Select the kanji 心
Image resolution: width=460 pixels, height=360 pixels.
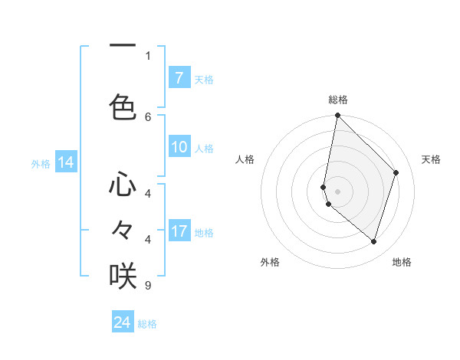tap(123, 185)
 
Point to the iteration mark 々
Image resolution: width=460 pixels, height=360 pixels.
tap(123, 229)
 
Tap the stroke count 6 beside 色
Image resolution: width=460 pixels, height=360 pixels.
tap(148, 117)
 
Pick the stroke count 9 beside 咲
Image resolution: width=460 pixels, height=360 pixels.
tap(148, 286)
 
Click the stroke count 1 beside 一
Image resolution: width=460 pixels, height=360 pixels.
tap(148, 55)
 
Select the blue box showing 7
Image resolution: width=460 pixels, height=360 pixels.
tap(179, 78)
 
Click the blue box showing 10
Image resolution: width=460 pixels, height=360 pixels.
tap(179, 147)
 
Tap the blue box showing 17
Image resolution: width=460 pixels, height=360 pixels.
tap(179, 231)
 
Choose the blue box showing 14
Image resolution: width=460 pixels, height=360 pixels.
tap(66, 162)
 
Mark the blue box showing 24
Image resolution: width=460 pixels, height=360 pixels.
tap(123, 322)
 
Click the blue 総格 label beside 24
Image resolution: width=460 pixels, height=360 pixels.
tap(147, 324)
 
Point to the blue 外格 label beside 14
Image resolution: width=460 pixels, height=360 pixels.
tap(41, 164)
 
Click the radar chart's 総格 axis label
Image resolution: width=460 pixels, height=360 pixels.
tap(338, 100)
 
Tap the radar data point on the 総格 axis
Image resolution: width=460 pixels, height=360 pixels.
tap(337, 116)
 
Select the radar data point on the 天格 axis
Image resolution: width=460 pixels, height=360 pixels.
tap(396, 172)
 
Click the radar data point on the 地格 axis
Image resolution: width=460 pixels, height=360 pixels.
tap(373, 241)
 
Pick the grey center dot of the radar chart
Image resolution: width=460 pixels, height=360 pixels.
tap(337, 191)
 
